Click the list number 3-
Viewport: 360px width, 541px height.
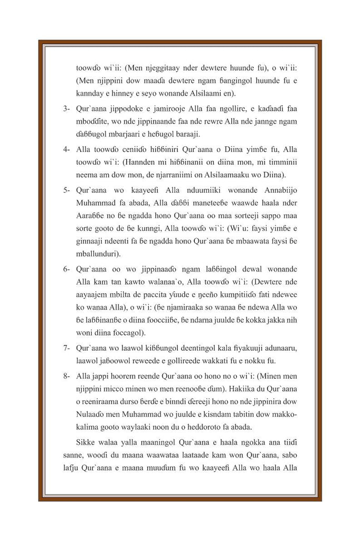tap(67, 109)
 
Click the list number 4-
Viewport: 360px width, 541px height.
tap(67, 150)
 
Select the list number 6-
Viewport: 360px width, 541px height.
tap(67, 269)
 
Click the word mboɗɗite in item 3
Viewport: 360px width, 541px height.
tap(93, 122)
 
